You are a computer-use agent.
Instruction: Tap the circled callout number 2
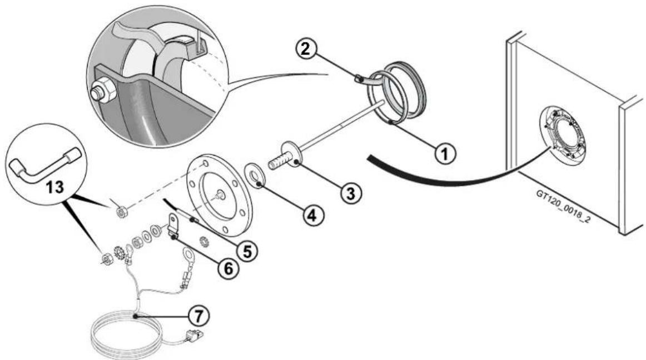pyautogui.click(x=305, y=49)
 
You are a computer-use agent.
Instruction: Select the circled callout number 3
pyautogui.click(x=350, y=193)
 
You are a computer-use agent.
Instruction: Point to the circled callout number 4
pyautogui.click(x=314, y=214)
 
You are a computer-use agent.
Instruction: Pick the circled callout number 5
pyautogui.click(x=246, y=250)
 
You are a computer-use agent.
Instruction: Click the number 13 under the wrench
pyautogui.click(x=55, y=187)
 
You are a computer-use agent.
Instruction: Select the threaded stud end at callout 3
pyautogui.click(x=278, y=161)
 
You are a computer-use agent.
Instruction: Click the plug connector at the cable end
pyautogui.click(x=192, y=337)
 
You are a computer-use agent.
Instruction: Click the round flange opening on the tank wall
pyautogui.click(x=564, y=134)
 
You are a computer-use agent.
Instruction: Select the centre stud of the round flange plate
pyautogui.click(x=220, y=194)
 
